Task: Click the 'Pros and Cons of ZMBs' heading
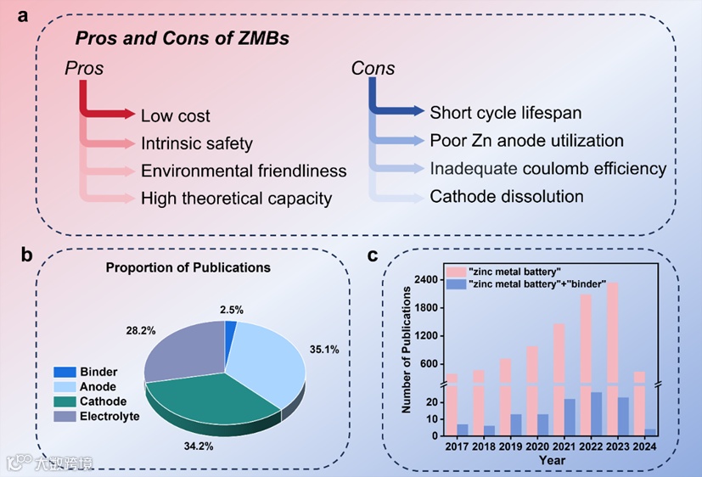[182, 38]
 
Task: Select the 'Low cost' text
[175, 116]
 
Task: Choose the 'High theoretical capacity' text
[236, 199]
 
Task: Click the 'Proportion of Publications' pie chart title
[188, 267]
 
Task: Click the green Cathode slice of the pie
[216, 398]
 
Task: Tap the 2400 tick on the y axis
[426, 279]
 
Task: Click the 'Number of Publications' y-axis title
[407, 350]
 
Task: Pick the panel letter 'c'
[372, 255]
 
